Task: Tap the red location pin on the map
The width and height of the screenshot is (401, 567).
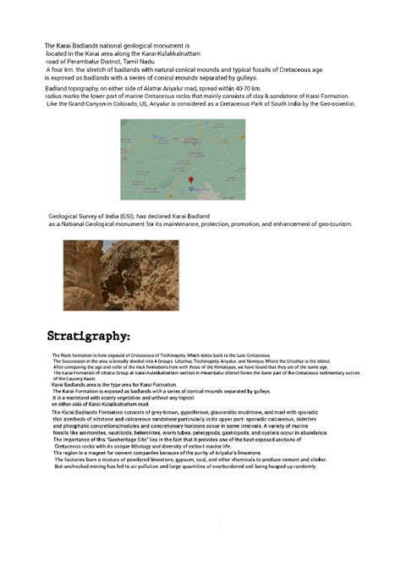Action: click(x=191, y=180)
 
